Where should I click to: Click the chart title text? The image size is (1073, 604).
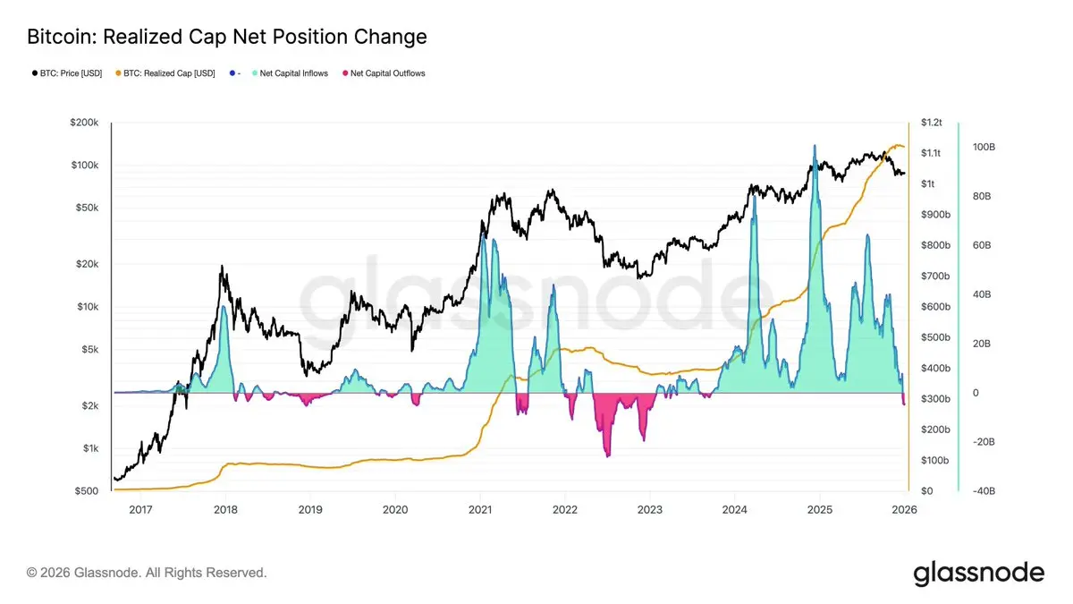(227, 37)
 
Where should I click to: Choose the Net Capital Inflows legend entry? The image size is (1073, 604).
(293, 73)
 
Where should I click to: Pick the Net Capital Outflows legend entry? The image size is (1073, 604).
(387, 73)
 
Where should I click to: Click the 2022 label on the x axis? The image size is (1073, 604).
(565, 509)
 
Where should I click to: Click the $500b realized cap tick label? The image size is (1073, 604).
(934, 337)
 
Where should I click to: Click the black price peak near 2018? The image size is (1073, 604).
(223, 267)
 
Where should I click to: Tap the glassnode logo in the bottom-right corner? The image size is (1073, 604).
(978, 573)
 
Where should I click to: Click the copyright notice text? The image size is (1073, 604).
(147, 572)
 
